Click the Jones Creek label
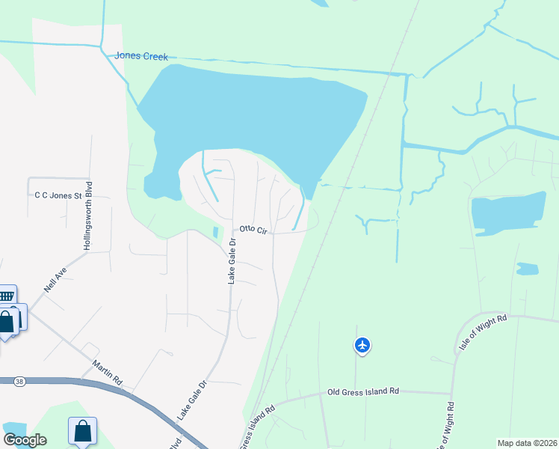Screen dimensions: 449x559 pyautogui.click(x=140, y=56)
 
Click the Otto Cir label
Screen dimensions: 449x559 pyautogui.click(x=253, y=230)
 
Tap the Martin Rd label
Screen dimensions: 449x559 pyautogui.click(x=107, y=372)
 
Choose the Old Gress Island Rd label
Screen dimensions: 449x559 pyautogui.click(x=363, y=391)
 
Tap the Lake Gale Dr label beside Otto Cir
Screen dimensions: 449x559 pyautogui.click(x=232, y=261)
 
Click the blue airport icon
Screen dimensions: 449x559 pyautogui.click(x=362, y=345)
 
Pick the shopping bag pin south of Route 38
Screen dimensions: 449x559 pyautogui.click(x=82, y=431)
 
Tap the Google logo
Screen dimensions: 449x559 pyautogui.click(x=25, y=440)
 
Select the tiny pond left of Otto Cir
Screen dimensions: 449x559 pyautogui.click(x=215, y=233)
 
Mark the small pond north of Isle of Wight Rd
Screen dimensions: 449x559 pyautogui.click(x=528, y=269)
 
